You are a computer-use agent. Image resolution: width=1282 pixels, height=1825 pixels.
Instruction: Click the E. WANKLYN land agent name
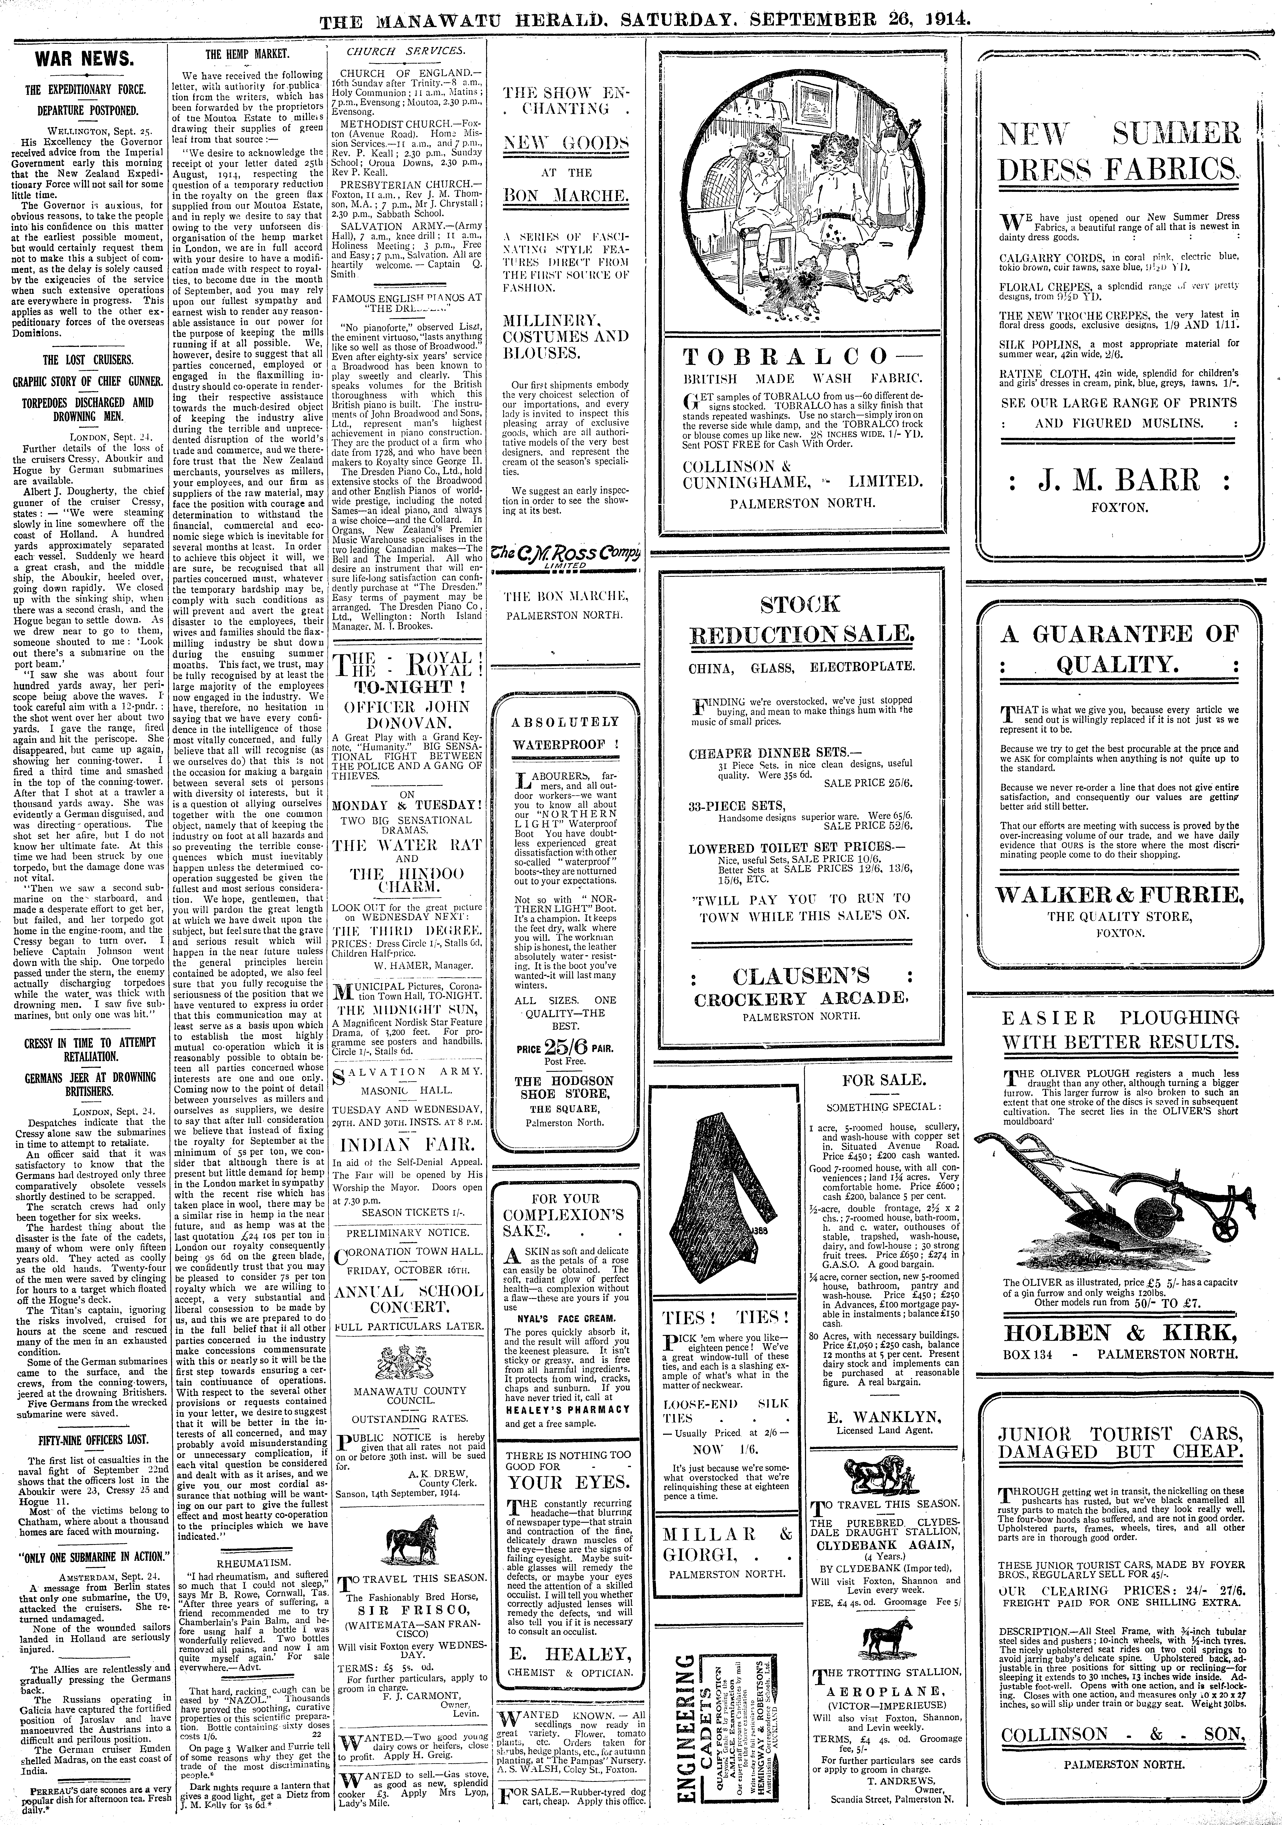882,1416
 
